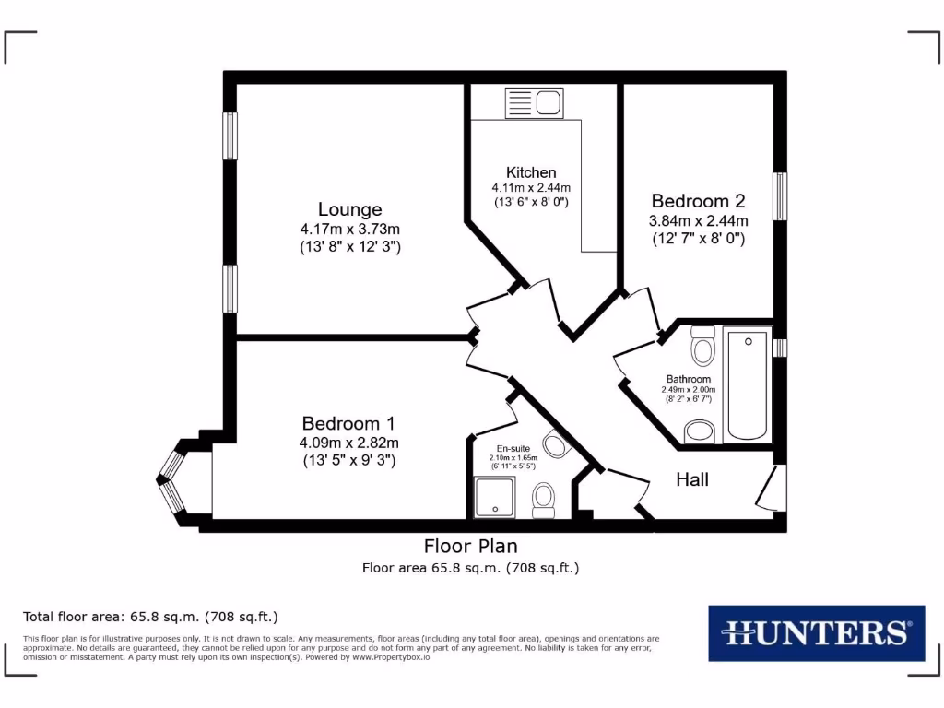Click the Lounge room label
tap(349, 209)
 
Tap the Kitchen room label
tap(531, 172)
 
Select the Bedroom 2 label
tap(698, 201)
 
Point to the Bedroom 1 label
tap(348, 423)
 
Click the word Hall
tap(692, 479)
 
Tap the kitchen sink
tap(534, 102)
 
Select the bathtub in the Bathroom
tap(747, 385)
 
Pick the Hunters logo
tap(816, 632)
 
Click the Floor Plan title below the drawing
tap(470, 546)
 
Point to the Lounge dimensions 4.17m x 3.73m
tap(349, 229)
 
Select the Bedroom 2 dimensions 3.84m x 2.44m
tap(698, 220)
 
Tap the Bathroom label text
tap(689, 379)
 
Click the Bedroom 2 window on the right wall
tap(780, 196)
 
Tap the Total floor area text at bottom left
tap(150, 617)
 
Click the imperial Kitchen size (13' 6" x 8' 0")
tap(531, 202)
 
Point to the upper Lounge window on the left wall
tap(230, 136)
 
